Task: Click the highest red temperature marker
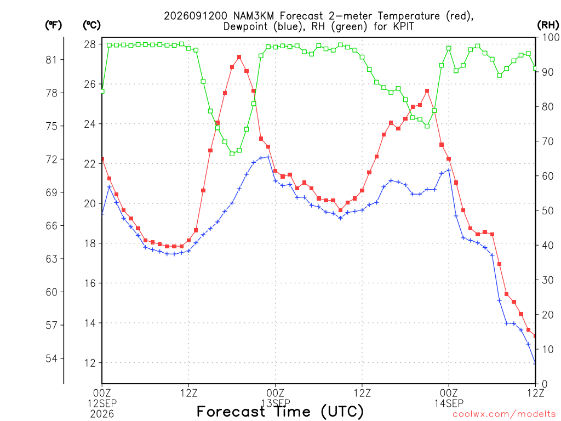(x=239, y=57)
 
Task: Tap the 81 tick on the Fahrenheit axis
(x=51, y=60)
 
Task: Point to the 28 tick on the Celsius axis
(x=90, y=44)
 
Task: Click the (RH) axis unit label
(x=548, y=25)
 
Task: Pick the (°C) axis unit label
(x=91, y=25)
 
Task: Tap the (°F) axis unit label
(x=53, y=25)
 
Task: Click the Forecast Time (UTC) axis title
(x=280, y=411)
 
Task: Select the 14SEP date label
(x=449, y=403)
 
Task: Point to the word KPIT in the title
(x=402, y=26)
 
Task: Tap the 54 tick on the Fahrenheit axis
(x=51, y=359)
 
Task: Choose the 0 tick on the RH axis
(x=545, y=384)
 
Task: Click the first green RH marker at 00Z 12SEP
(x=102, y=91)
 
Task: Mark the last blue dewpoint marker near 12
(x=535, y=363)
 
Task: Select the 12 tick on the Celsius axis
(x=90, y=363)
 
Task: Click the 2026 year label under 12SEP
(x=102, y=414)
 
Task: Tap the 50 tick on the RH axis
(x=548, y=211)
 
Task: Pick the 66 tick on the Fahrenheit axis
(x=51, y=225)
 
